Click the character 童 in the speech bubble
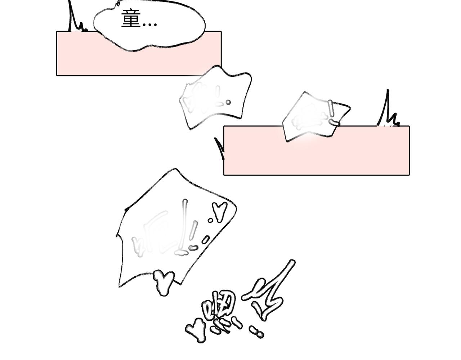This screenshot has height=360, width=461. pyautogui.click(x=130, y=19)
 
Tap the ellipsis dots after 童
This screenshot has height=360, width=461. pyautogui.click(x=150, y=25)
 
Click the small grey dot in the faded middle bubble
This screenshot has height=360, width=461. pyautogui.click(x=228, y=102)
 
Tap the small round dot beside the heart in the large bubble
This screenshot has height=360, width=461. pyautogui.click(x=210, y=220)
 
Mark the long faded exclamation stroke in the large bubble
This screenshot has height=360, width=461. pyautogui.click(x=184, y=222)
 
